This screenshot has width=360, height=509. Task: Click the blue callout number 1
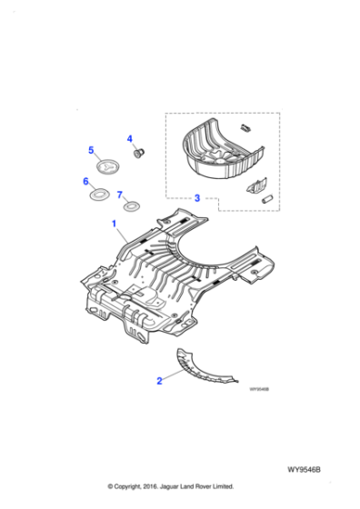(114, 223)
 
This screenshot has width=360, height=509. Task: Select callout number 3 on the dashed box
(196, 197)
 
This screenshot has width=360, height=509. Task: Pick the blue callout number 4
(129, 139)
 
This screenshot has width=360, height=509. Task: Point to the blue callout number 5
(90, 150)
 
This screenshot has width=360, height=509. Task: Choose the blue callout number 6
(85, 182)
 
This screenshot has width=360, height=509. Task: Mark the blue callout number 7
(119, 194)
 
